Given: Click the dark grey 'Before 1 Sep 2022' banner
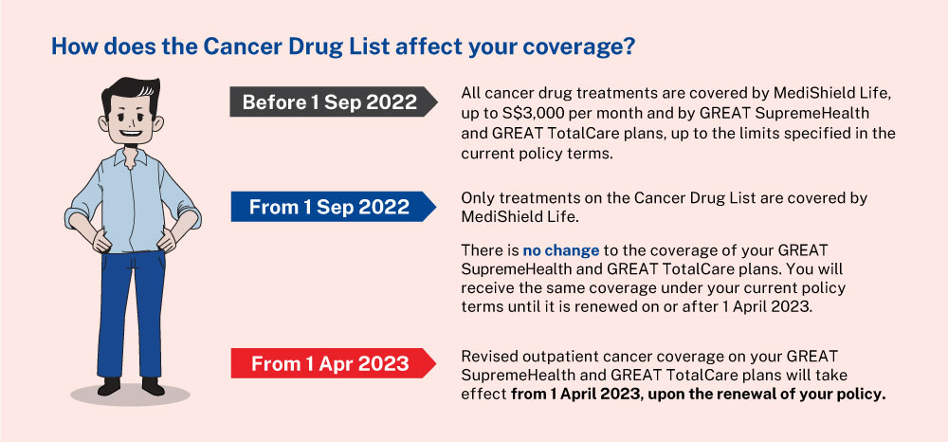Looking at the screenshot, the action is click(x=333, y=101).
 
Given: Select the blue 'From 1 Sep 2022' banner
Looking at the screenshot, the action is click(x=333, y=207).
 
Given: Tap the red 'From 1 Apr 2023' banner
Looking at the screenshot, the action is click(x=333, y=363).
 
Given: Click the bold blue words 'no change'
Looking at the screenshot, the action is click(x=561, y=249).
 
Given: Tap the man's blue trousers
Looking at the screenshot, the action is click(x=130, y=314).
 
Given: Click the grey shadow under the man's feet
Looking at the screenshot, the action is click(x=130, y=396).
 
